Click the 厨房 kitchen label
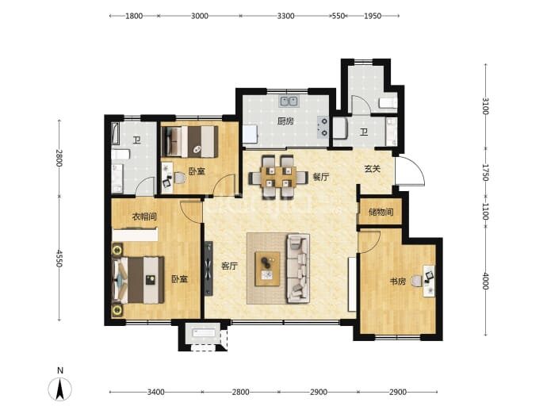285,121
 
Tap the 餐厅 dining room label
320,177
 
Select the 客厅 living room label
230,266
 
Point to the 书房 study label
398,282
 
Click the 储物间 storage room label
381,212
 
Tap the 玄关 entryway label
372,169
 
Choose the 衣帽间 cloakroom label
144,216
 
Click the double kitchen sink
289,102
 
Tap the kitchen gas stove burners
323,128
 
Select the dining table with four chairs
277,178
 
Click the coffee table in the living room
268,269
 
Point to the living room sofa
298,269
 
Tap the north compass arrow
60,389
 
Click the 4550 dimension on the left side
59,259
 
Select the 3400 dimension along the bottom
155,392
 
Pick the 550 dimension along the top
338,16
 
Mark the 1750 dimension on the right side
485,172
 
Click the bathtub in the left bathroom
116,133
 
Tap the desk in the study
429,282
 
